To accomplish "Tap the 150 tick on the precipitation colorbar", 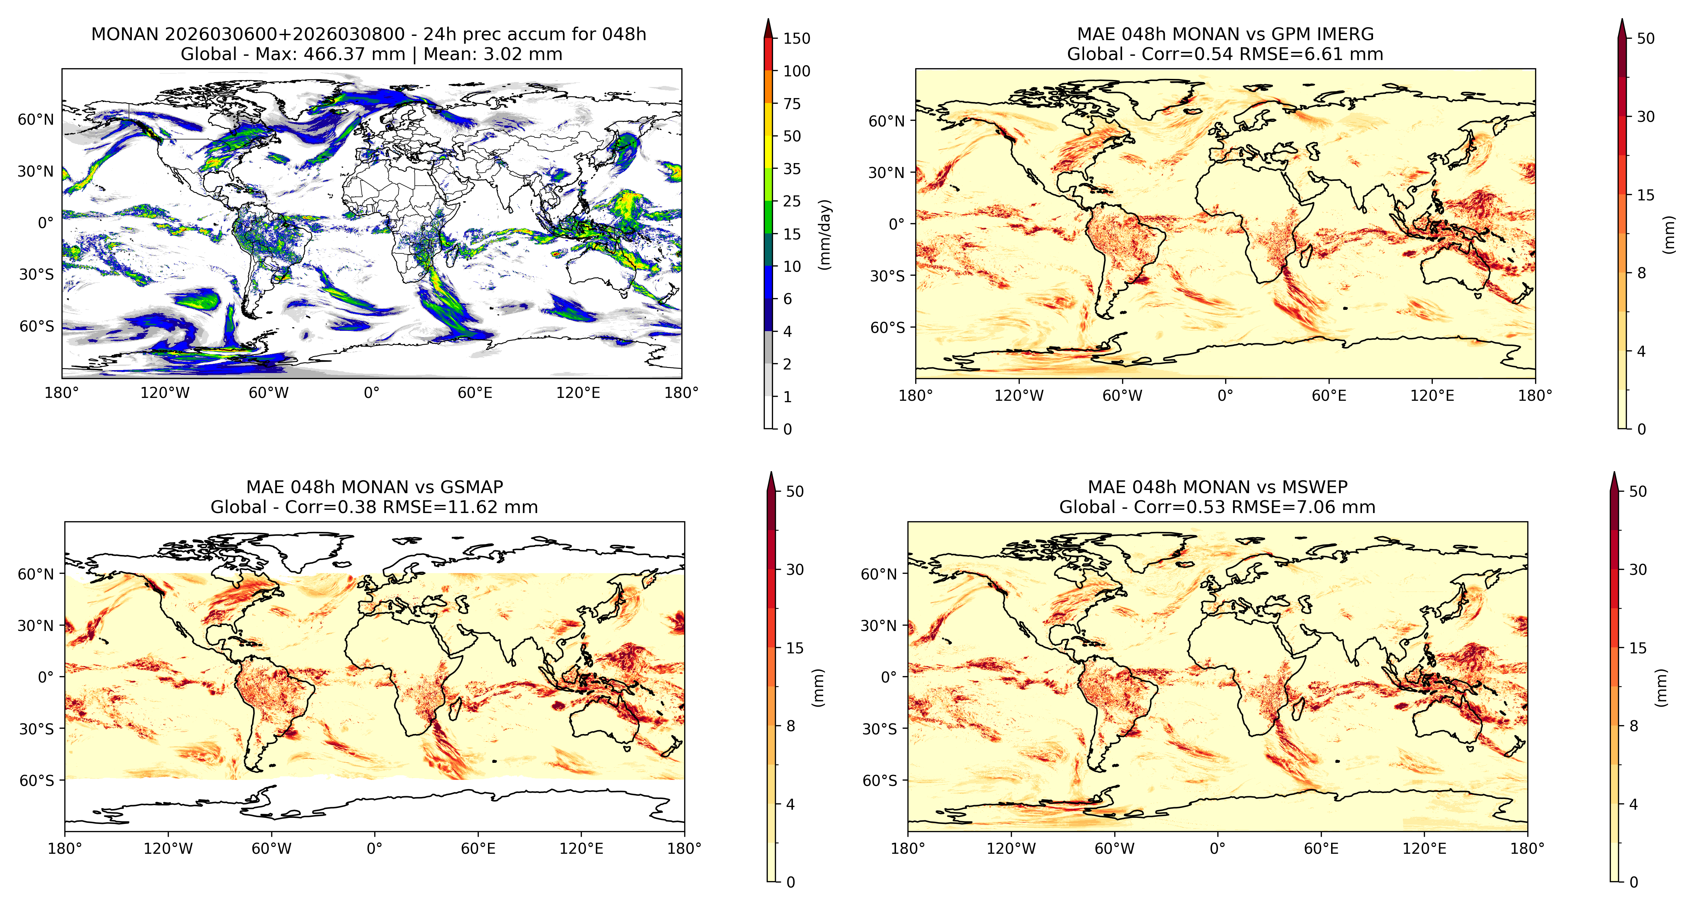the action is tap(797, 38).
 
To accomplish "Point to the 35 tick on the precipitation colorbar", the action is tap(792, 169).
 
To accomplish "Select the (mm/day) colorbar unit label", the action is tap(825, 234).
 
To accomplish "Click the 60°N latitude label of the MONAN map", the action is tap(36, 120).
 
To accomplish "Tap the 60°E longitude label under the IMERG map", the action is tap(1329, 396).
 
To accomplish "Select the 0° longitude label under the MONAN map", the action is tap(371, 393).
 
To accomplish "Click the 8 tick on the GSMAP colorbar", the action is tap(791, 726).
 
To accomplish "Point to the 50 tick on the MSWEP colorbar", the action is tap(1638, 491).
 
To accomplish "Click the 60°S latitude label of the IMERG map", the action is tap(888, 328).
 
